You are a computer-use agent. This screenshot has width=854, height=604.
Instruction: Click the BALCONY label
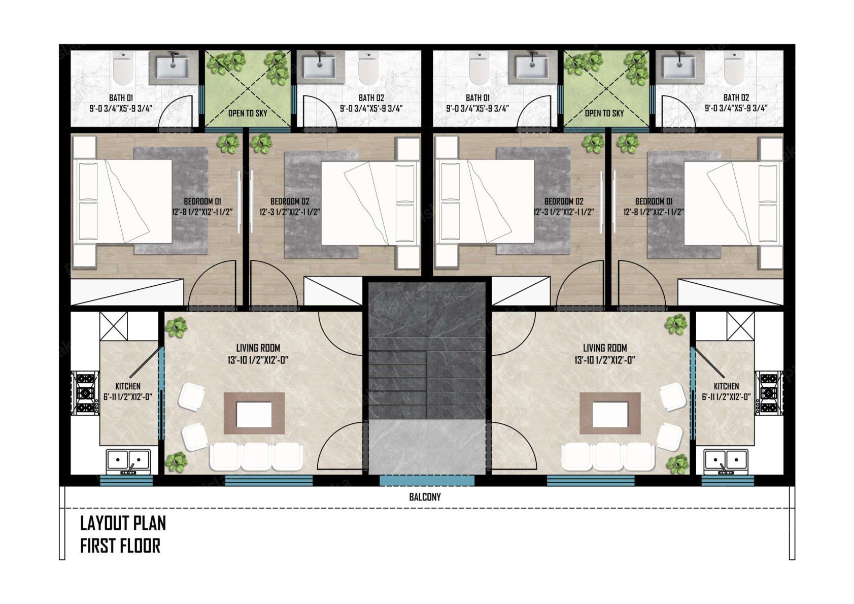click(425, 497)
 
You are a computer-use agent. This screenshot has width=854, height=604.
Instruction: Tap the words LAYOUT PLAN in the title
click(123, 523)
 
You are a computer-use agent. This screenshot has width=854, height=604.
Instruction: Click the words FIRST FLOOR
click(120, 546)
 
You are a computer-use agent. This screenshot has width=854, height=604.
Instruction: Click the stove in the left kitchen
click(85, 393)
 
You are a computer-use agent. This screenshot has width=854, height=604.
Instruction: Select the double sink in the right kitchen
click(726, 460)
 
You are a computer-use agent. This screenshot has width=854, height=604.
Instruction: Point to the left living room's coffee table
click(254, 413)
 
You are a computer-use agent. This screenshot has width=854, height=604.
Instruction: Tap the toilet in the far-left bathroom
click(123, 69)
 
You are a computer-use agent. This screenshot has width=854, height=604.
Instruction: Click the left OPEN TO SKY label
click(248, 113)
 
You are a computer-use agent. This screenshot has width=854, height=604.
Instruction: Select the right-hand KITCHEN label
click(726, 386)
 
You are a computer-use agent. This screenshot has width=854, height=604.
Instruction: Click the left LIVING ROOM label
click(258, 348)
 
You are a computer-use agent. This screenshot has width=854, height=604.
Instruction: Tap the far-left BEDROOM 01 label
click(202, 202)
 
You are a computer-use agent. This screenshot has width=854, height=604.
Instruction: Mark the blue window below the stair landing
click(427, 481)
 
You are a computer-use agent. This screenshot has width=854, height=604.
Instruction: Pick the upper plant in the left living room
click(176, 327)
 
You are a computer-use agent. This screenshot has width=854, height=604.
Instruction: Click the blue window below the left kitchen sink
click(126, 481)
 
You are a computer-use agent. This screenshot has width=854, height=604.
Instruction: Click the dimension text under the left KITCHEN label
click(128, 397)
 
